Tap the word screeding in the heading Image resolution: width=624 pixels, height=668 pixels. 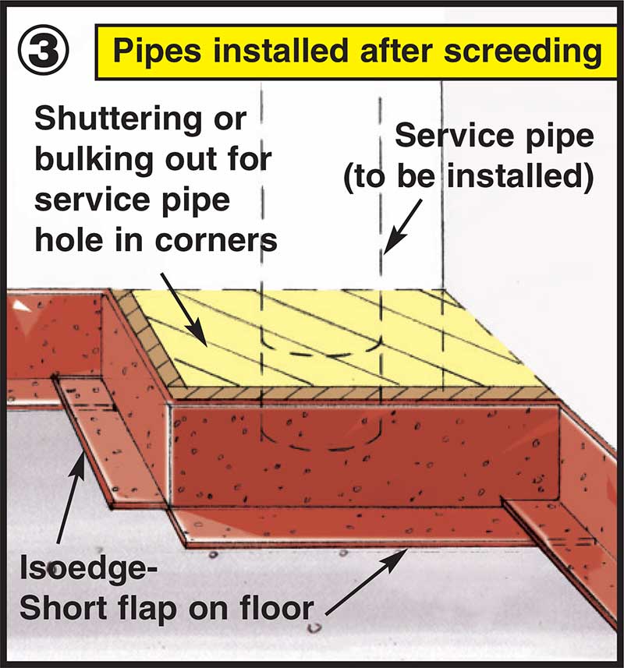click(524, 52)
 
